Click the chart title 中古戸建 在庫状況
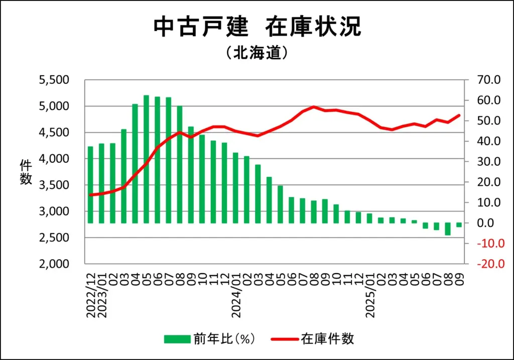coord(256,27)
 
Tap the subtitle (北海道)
coord(256,53)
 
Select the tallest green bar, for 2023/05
coord(147,159)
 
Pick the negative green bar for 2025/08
coord(448,229)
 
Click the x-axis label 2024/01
coord(236,296)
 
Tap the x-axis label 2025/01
coord(370,296)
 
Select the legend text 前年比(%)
coord(224,339)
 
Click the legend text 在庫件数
coord(328,339)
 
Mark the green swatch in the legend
coord(177,339)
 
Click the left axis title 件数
coord(26,171)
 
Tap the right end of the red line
coord(459,115)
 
